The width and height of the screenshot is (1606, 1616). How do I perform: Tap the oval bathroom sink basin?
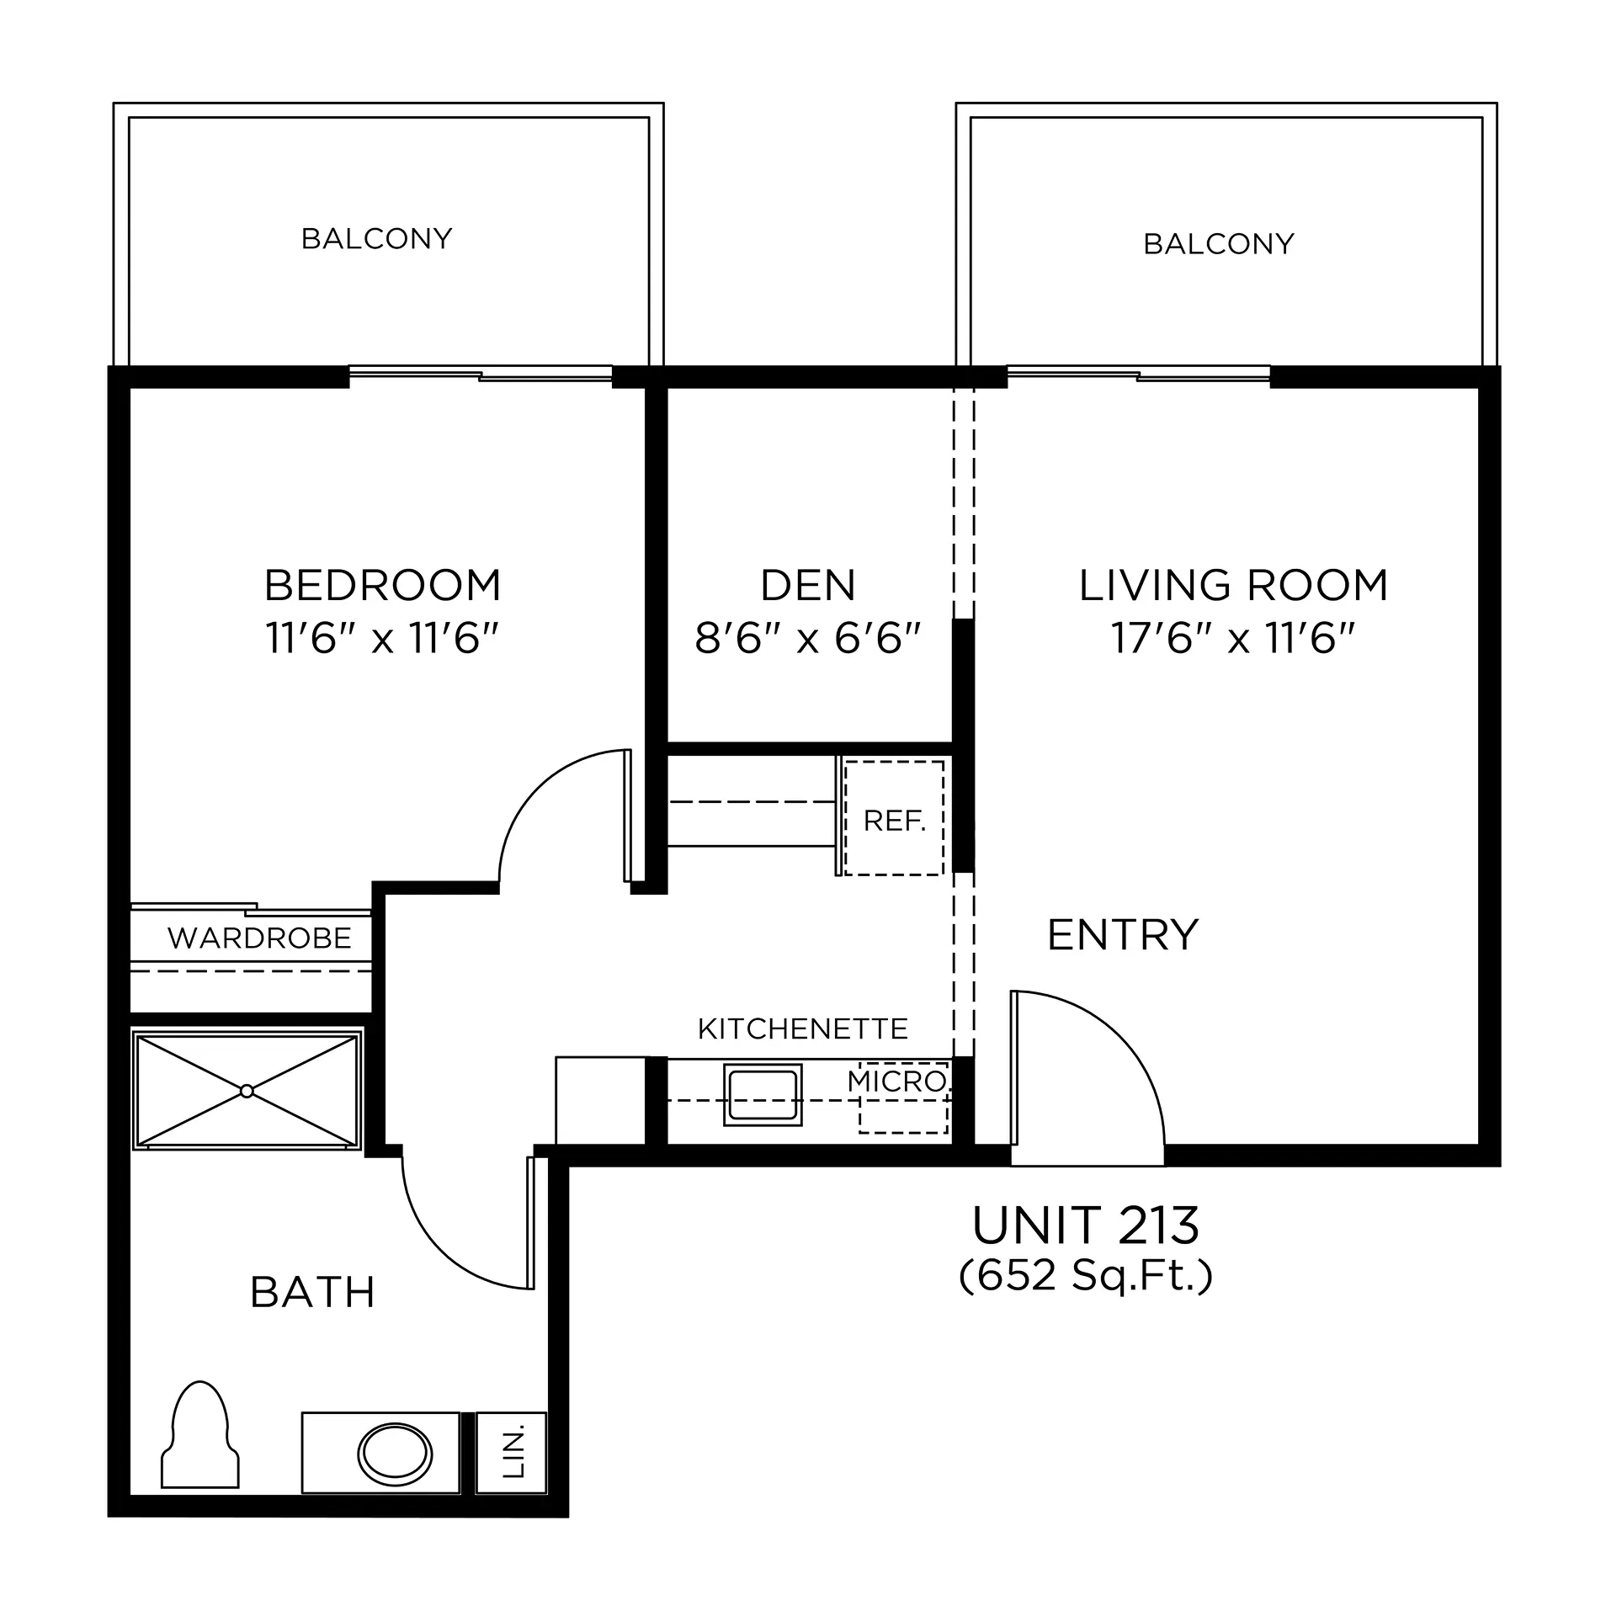click(395, 1454)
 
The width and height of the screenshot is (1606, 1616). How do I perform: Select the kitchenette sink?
click(762, 1094)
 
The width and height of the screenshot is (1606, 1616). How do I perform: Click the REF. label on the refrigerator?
click(894, 821)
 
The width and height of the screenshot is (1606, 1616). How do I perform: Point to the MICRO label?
click(897, 1082)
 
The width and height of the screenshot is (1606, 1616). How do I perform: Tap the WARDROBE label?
click(259, 938)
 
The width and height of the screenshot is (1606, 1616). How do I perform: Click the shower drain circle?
click(247, 1091)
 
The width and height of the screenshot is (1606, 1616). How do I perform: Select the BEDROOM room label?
click(383, 585)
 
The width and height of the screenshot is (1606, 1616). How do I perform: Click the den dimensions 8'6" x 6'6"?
click(808, 638)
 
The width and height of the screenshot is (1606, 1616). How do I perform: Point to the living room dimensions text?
click(1233, 638)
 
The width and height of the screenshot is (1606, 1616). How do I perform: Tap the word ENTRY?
click(1123, 934)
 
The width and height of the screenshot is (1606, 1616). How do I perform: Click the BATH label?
click(312, 1293)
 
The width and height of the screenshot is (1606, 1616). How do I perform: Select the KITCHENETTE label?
click(803, 1029)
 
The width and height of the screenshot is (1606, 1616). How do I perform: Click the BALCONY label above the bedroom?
click(376, 239)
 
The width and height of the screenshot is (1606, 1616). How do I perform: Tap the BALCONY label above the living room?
click(1218, 244)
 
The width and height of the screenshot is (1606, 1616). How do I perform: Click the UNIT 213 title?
click(1086, 1225)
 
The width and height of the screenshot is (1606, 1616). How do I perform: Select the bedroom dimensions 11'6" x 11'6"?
click(383, 638)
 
